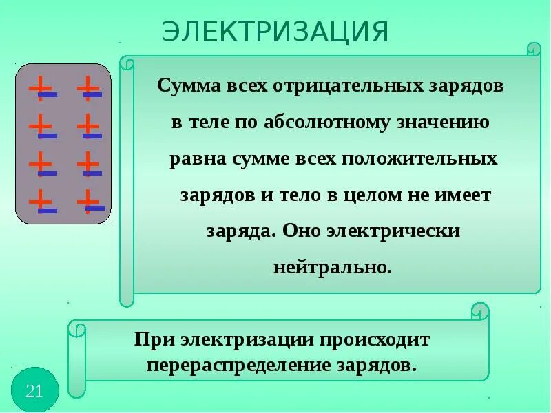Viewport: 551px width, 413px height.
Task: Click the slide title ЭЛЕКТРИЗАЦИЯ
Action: [x=275, y=32]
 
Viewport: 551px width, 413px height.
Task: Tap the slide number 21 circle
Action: [x=34, y=391]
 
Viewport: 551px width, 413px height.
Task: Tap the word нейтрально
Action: [x=332, y=267]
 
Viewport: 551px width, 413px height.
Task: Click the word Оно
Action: [x=301, y=231]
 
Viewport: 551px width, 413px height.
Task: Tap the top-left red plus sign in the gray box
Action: [x=40, y=87]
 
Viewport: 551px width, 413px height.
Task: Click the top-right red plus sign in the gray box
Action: [x=87, y=87]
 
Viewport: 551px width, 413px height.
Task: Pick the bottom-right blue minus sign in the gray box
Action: [x=95, y=208]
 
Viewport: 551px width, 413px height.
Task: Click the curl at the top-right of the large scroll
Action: [x=534, y=50]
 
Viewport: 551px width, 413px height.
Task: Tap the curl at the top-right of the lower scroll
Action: [x=480, y=311]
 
